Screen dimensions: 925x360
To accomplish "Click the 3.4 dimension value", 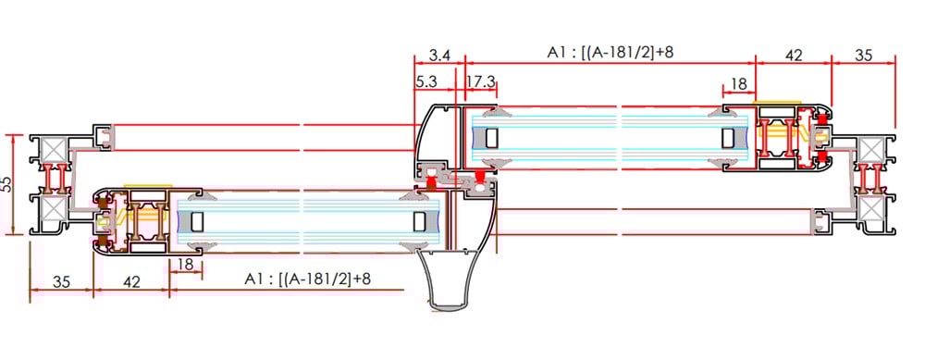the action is (x=439, y=56).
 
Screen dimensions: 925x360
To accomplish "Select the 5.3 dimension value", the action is (x=425, y=82).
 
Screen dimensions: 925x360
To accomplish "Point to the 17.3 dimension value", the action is (x=481, y=82).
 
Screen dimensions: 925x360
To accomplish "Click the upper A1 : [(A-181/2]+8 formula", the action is (x=610, y=53).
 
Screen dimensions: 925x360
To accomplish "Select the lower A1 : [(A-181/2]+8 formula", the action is (x=307, y=279).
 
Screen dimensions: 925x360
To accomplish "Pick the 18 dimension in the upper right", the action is (x=738, y=84).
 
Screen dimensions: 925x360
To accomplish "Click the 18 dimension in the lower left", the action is (x=185, y=265).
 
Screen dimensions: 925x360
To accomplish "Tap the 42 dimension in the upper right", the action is (x=794, y=56).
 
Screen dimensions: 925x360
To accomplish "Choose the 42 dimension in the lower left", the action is (x=131, y=282).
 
